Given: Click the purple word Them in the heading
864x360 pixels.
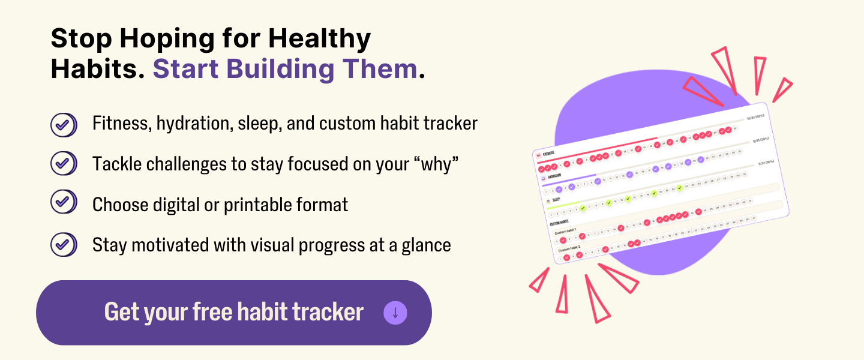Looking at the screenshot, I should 383,69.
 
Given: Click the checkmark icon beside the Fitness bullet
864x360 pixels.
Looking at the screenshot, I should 63,125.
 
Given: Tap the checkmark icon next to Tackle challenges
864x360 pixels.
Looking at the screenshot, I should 63,163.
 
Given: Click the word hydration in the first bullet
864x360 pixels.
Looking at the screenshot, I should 195,124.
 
